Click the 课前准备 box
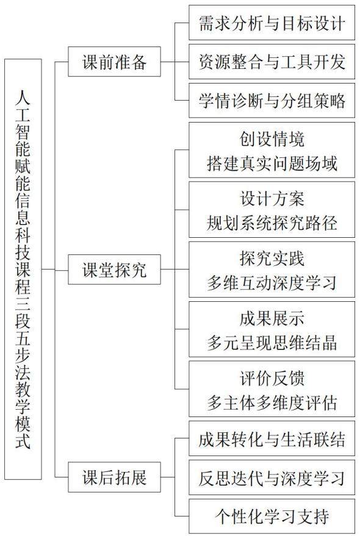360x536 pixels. pos(114,62)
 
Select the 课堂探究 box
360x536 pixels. pos(114,270)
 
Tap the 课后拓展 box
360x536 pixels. pos(114,477)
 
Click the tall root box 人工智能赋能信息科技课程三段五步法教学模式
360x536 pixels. pos(23,270)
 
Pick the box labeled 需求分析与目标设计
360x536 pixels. pos(272,23)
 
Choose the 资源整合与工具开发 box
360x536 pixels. pos(272,62)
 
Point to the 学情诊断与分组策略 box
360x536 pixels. pos(272,101)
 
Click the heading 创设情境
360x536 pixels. pos(272,139)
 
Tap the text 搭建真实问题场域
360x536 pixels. pos(272,163)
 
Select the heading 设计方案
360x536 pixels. pos(272,199)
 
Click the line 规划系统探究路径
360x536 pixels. pos(272,223)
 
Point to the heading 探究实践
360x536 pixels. pos(272,259)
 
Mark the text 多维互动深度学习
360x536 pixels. pos(272,283)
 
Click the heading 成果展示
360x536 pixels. pos(272,318)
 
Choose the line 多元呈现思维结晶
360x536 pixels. pos(272,343)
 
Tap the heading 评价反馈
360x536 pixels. pos(272,379)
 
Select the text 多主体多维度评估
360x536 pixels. pos(272,402)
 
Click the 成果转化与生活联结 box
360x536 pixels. pos(272,439)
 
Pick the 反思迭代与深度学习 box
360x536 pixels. pos(272,477)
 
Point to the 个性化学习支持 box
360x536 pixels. pos(272,516)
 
